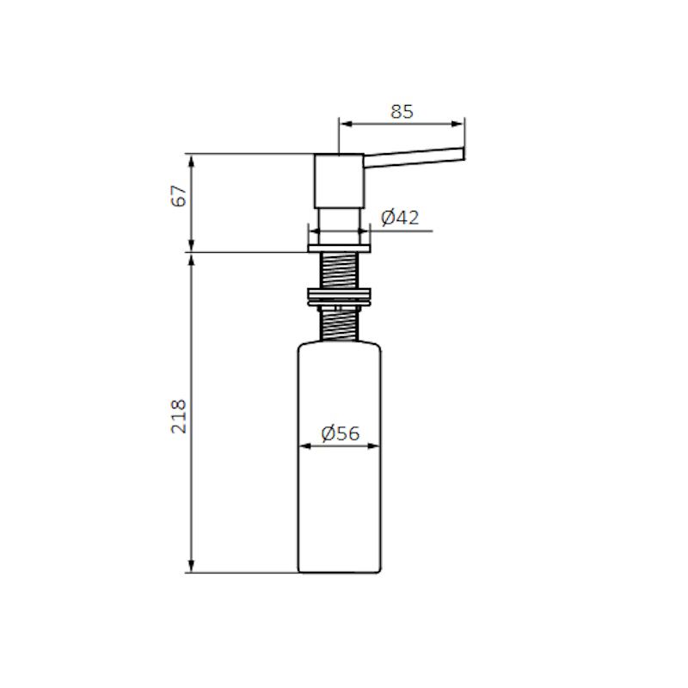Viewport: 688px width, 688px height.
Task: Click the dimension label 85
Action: (x=402, y=112)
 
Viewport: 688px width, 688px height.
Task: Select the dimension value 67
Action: (x=179, y=196)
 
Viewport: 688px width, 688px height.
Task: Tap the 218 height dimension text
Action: (x=179, y=416)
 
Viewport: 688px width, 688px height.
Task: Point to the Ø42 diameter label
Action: (x=400, y=218)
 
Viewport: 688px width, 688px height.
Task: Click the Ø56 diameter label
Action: (x=340, y=433)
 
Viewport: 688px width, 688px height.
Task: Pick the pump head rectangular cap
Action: (x=339, y=181)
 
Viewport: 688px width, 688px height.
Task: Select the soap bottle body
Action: (x=340, y=458)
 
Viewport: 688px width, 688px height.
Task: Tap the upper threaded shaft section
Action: (x=340, y=270)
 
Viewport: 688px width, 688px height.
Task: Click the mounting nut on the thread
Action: (x=340, y=297)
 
